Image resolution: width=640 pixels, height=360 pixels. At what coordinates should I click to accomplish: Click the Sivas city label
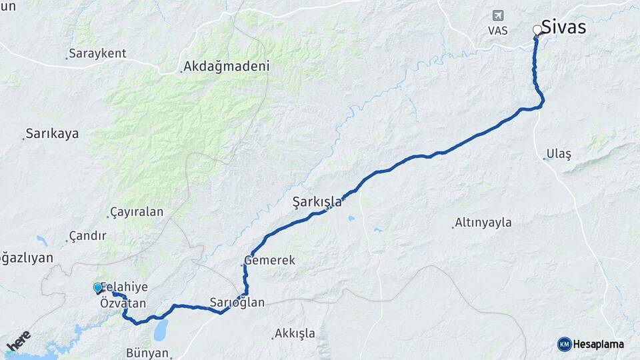click(563, 27)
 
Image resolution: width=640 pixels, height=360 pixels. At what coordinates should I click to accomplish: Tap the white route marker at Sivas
click(537, 30)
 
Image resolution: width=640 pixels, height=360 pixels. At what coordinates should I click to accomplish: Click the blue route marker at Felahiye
click(98, 288)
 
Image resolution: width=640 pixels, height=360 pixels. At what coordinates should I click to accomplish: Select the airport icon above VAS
click(497, 15)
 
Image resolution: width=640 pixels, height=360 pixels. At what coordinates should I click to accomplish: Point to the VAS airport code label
click(497, 31)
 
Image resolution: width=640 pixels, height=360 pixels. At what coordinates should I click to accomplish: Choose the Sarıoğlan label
click(237, 303)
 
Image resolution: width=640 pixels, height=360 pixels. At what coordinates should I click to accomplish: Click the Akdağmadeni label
click(226, 67)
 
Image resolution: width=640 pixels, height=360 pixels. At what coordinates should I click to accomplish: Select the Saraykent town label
click(97, 54)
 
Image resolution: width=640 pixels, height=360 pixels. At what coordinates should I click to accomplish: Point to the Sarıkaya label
click(52, 133)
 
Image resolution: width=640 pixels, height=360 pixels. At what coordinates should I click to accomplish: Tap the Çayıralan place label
click(137, 212)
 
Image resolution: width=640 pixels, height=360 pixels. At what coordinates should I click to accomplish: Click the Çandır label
click(88, 236)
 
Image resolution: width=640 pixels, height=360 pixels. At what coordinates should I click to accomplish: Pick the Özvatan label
click(123, 303)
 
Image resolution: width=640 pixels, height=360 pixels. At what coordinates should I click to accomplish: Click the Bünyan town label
click(147, 353)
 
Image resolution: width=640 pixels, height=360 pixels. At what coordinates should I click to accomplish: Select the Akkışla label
click(295, 333)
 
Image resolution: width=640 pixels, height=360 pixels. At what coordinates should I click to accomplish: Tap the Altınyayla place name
click(483, 223)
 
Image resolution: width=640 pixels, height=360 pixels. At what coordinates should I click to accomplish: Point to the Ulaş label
click(559, 154)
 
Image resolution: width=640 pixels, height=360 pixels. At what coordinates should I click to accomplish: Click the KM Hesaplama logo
click(591, 344)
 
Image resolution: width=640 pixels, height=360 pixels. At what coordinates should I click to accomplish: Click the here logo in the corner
click(18, 341)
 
